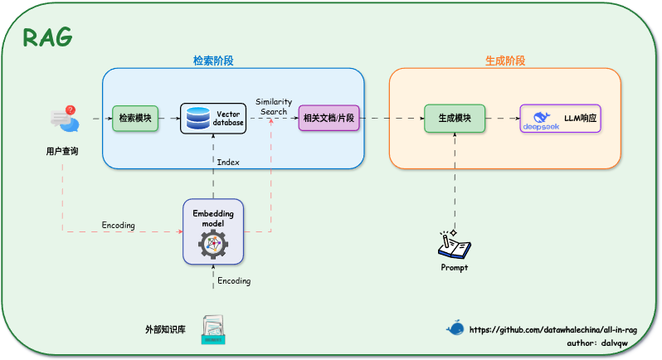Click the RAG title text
(47, 37)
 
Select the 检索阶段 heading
(213, 61)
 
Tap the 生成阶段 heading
(504, 61)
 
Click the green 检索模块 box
(134, 119)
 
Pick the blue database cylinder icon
(198, 119)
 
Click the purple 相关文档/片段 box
(329, 119)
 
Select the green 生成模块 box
(455, 119)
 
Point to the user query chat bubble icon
(64, 119)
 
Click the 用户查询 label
(62, 151)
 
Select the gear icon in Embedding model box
(213, 243)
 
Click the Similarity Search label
(273, 106)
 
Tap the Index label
(228, 163)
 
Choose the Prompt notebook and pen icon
(454, 245)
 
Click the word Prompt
(454, 268)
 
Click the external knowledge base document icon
(214, 329)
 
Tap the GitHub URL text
(554, 329)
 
